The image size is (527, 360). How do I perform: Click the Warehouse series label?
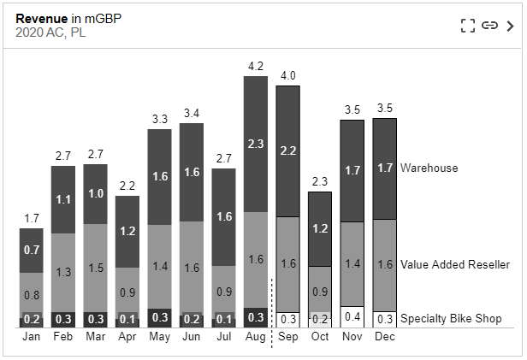coord(429,168)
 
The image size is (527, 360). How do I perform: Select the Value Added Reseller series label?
coord(454,265)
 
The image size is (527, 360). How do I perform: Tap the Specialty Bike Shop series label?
coord(452,319)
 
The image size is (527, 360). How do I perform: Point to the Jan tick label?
coord(31,337)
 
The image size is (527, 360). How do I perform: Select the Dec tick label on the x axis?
coord(384,337)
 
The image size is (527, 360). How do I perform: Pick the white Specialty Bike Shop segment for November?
coord(352,317)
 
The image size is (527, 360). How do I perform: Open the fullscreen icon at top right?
coord(467,26)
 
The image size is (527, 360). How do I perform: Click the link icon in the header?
coord(489,26)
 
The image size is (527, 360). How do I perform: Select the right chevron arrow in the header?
coord(511,26)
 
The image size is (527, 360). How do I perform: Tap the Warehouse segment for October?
coord(320,228)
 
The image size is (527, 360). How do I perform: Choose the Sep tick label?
coord(288,337)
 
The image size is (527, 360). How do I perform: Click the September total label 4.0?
coord(288,74)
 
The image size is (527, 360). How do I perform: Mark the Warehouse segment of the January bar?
coord(31,250)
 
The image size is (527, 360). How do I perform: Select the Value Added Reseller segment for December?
coord(384,265)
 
